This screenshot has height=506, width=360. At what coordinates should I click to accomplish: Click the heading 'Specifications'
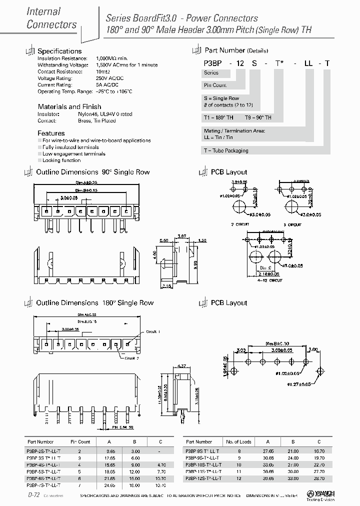(x=59, y=51)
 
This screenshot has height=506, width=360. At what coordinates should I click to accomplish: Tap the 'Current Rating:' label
(x=53, y=84)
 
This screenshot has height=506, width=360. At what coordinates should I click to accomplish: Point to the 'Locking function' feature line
(x=61, y=160)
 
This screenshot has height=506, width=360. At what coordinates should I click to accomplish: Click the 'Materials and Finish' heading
(x=69, y=106)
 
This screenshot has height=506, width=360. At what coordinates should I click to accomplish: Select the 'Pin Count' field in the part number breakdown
(x=215, y=85)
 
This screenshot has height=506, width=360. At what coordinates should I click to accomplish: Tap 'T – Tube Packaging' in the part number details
(x=225, y=150)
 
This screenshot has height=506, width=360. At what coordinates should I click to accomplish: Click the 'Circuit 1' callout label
(x=152, y=331)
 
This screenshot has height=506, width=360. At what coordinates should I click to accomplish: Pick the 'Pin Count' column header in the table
(x=80, y=442)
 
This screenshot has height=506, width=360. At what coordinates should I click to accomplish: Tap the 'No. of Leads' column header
(x=239, y=442)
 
